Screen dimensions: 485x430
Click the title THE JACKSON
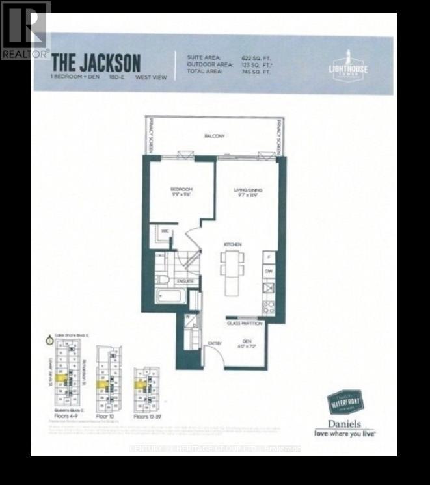(x=96, y=62)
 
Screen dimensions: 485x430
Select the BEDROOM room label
(x=181, y=189)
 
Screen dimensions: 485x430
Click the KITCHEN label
(x=233, y=244)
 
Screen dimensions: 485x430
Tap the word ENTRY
(x=214, y=343)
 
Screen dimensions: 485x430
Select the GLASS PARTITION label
(x=244, y=323)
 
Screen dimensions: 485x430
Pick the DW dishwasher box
(x=269, y=271)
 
